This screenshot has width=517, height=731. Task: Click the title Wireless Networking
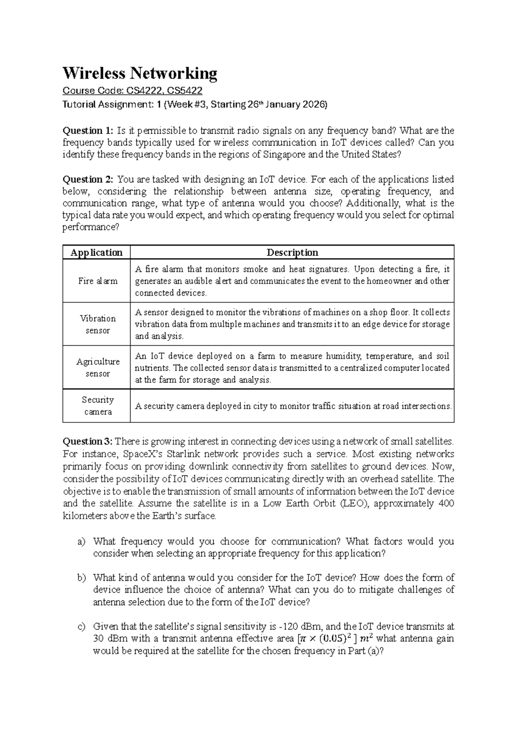pos(140,73)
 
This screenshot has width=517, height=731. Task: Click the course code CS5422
pos(185,91)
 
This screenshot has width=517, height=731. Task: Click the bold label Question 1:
pos(88,131)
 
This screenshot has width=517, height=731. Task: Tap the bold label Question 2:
pos(88,179)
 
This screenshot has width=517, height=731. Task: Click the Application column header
pos(97,253)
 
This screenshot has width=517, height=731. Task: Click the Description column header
pos(292,253)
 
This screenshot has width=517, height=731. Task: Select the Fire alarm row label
pos(98,281)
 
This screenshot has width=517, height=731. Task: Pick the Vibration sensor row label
pos(98,324)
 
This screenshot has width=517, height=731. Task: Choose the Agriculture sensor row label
pos(98,367)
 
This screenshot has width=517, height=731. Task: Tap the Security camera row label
pos(98,406)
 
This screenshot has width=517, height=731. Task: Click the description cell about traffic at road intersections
pos(293,406)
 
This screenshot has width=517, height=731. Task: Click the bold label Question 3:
pos(87,441)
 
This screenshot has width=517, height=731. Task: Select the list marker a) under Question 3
pos(81,541)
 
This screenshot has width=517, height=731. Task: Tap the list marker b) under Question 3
pos(81,578)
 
